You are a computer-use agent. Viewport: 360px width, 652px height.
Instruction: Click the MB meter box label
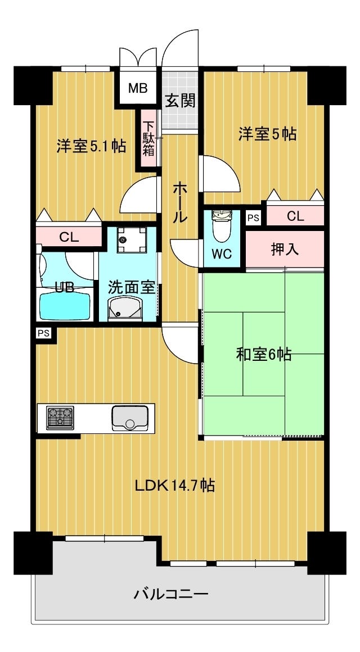(x=137, y=88)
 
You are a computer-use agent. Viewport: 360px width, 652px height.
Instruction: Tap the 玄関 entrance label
(x=180, y=101)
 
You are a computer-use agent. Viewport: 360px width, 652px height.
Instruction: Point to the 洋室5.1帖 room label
(x=91, y=146)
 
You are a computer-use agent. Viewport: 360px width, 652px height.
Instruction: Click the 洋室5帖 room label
(x=267, y=134)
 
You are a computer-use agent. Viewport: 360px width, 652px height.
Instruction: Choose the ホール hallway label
(x=179, y=202)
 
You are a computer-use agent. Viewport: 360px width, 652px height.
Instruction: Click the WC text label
(x=222, y=254)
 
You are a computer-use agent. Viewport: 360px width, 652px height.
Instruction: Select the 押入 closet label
(x=285, y=250)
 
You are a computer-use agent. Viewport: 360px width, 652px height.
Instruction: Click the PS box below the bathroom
(x=43, y=333)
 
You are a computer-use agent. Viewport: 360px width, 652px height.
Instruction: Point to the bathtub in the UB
(x=64, y=306)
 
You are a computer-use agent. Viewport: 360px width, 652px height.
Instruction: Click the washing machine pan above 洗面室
(x=132, y=240)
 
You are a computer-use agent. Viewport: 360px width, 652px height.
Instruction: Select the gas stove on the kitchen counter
(x=60, y=418)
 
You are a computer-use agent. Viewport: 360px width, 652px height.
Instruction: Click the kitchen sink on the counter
(x=132, y=418)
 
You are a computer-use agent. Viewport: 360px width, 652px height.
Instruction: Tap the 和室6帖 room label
(x=263, y=355)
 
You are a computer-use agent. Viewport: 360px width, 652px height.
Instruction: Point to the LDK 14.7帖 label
(x=174, y=485)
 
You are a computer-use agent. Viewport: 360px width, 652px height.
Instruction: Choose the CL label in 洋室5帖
(x=295, y=216)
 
